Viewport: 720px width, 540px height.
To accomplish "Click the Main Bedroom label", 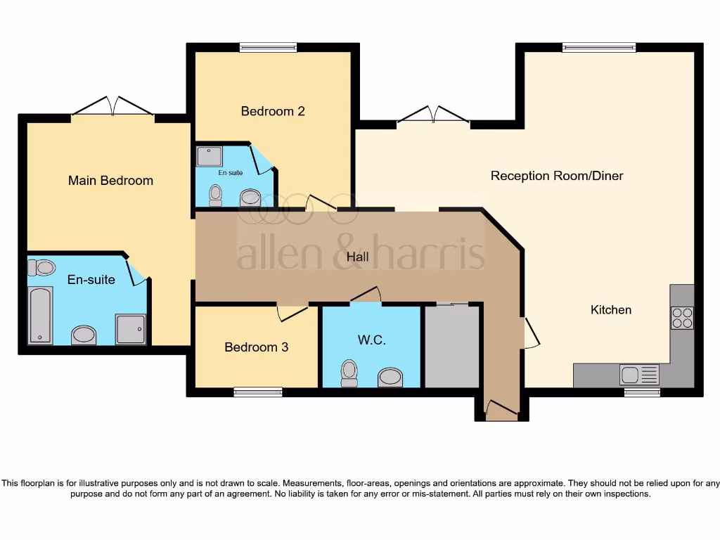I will (x=110, y=181).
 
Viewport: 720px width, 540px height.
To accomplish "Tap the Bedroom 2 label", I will (x=272, y=111).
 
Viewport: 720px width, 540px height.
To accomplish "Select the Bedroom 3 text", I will (x=256, y=347).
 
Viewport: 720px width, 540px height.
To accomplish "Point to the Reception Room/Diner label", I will (x=556, y=176).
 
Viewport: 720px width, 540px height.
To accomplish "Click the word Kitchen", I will (x=610, y=310).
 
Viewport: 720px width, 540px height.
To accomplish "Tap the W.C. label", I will (x=371, y=340).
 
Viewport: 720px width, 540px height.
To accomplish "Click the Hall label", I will (x=357, y=257).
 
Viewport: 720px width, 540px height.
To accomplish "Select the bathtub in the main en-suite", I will (x=40, y=315).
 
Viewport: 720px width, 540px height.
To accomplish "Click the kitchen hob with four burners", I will (x=682, y=319).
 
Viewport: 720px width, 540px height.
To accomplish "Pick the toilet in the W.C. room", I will (x=349, y=373).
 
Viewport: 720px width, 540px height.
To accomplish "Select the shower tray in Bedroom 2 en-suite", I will (x=210, y=156).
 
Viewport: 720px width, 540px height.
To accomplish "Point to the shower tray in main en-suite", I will (x=131, y=329).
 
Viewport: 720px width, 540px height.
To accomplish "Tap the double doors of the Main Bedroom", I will (x=112, y=107).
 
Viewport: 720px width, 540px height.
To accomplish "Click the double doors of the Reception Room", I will (x=433, y=115).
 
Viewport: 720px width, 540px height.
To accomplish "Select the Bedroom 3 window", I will (x=257, y=392).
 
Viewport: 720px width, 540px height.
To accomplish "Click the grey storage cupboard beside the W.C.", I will (x=451, y=346).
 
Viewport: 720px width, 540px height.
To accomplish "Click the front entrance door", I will (x=501, y=409).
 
